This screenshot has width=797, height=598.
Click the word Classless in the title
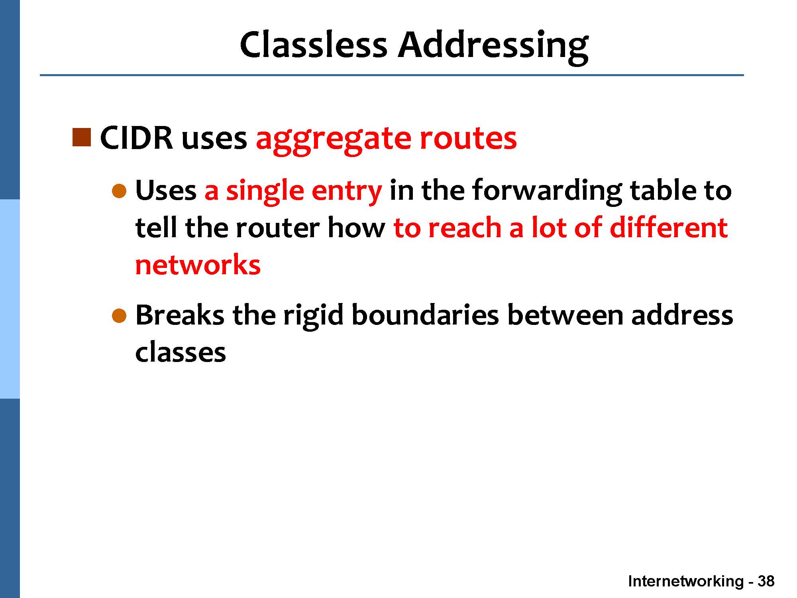(314, 45)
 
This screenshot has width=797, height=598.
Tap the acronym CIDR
(136, 138)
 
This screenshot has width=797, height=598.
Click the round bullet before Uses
(119, 191)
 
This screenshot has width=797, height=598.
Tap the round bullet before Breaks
(119, 316)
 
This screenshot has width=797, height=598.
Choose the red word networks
(198, 264)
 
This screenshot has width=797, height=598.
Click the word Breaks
(180, 315)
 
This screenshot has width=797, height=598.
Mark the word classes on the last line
(181, 352)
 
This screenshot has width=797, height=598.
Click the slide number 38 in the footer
(766, 581)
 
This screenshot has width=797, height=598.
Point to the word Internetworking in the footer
(686, 582)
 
